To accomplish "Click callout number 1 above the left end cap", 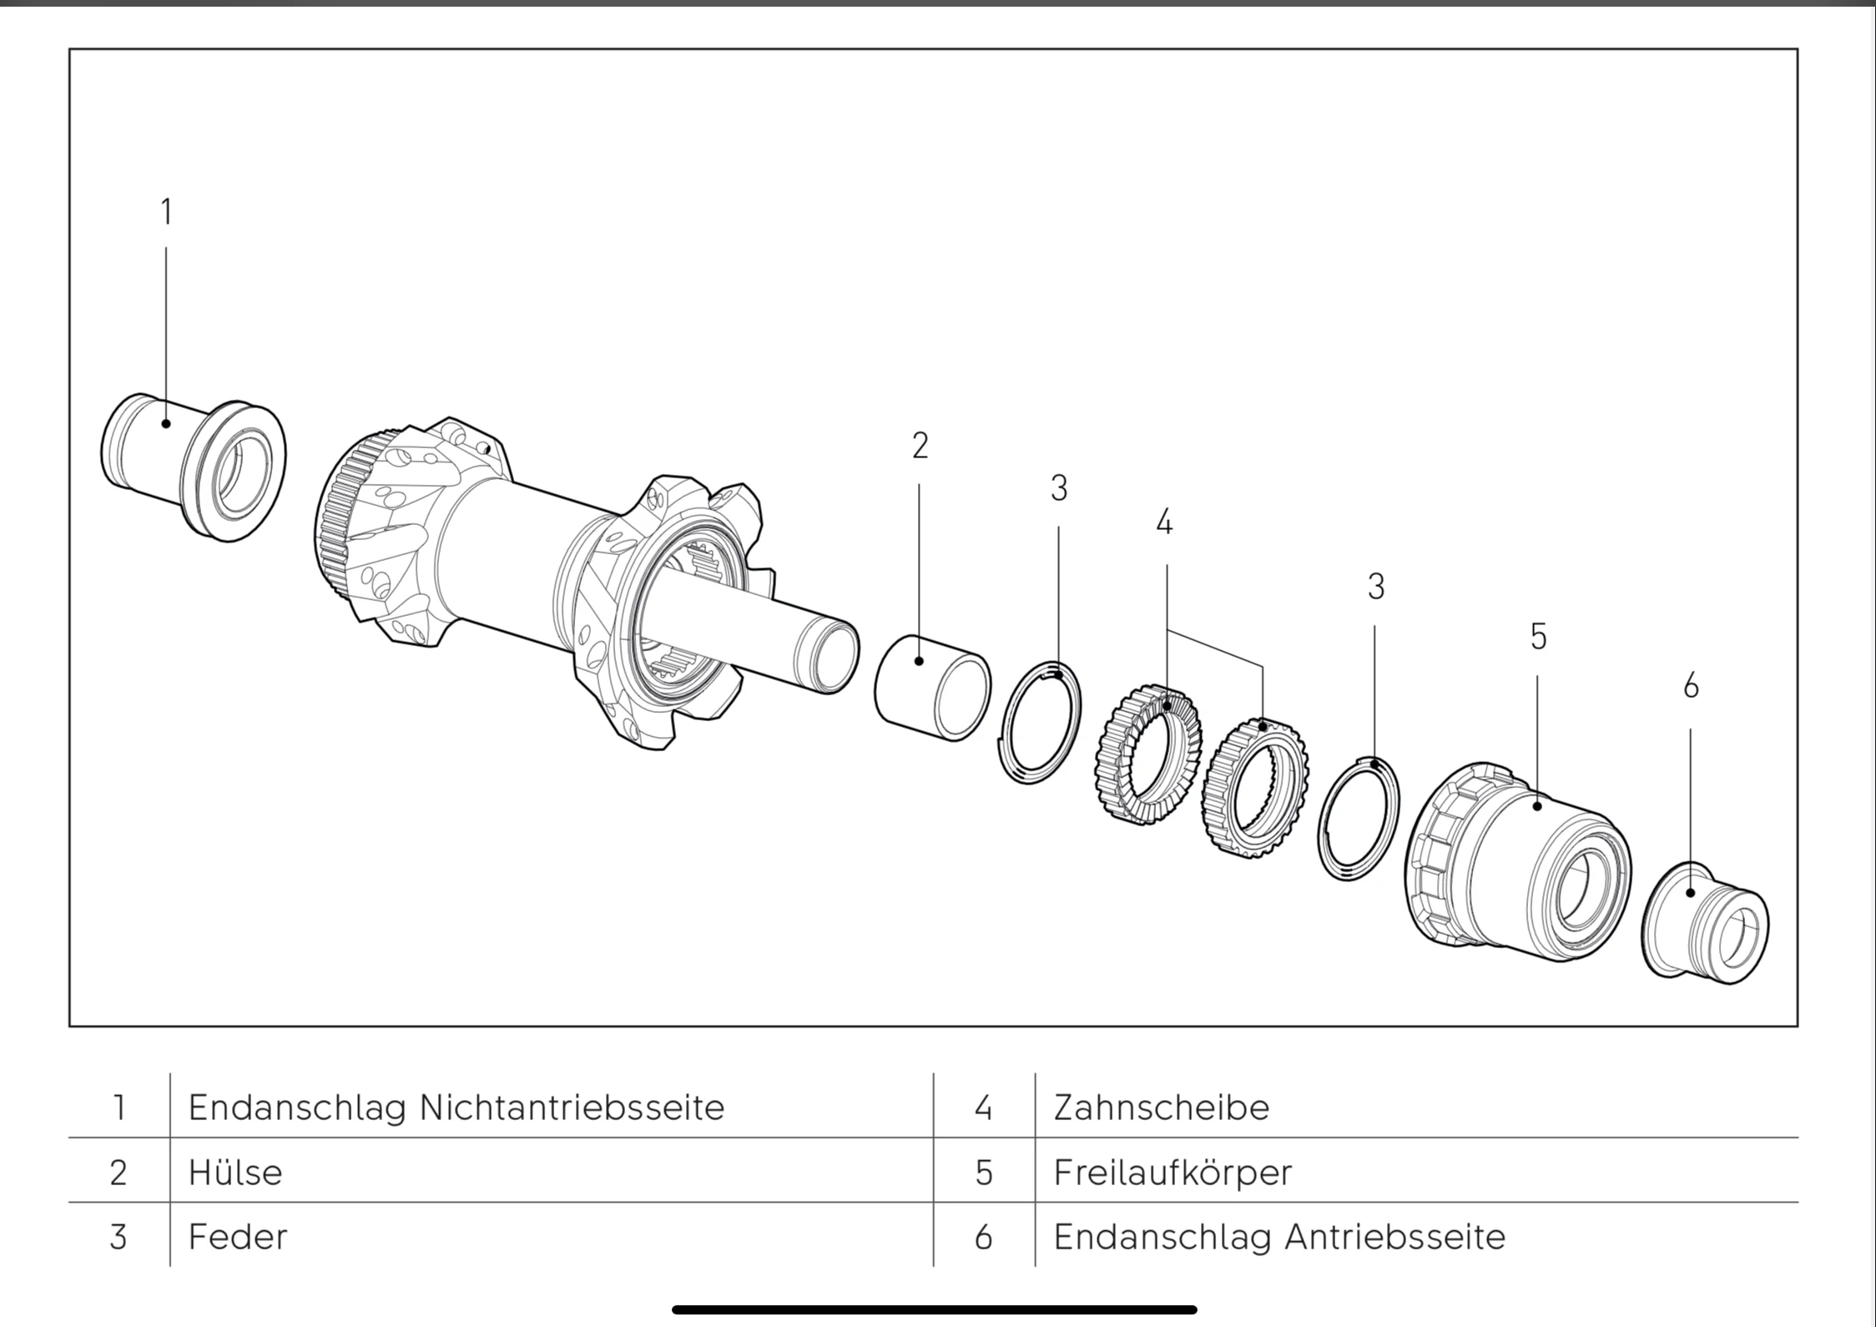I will [x=166, y=212].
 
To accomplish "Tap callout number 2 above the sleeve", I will [x=920, y=447].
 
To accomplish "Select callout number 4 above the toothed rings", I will [x=1165, y=523].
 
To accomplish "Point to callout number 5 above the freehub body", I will [x=1538, y=638].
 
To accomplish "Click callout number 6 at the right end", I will [x=1691, y=687].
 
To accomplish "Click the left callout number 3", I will [x=1059, y=489].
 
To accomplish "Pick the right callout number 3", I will [x=1376, y=588].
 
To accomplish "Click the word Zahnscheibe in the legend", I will [x=1161, y=1108].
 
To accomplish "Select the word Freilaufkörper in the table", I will [x=1172, y=1173].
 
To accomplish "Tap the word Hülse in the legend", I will [x=235, y=1173].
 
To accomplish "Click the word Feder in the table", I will [x=238, y=1237].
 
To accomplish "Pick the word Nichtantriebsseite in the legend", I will [x=572, y=1108].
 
